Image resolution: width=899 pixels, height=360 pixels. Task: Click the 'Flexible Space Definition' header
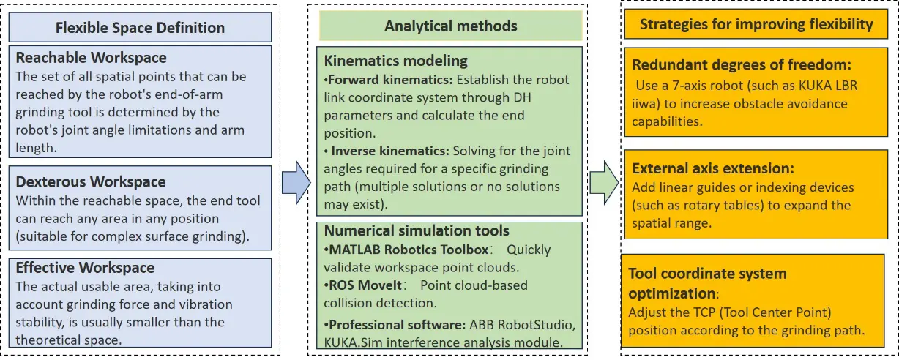[x=141, y=29]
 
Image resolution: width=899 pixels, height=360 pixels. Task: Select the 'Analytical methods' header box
[x=450, y=26]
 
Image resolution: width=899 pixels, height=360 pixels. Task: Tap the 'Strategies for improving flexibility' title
[x=756, y=25]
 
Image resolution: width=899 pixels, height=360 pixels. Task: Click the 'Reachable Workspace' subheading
[x=92, y=58]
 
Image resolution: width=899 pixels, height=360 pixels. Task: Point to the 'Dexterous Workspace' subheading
[x=91, y=181]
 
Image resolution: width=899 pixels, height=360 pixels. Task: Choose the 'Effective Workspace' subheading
[x=85, y=268]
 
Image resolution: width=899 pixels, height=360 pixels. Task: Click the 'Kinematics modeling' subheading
[x=395, y=61]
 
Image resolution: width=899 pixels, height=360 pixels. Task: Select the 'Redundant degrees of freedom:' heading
[x=742, y=65]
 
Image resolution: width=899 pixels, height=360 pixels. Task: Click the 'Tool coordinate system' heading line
[x=707, y=274]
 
